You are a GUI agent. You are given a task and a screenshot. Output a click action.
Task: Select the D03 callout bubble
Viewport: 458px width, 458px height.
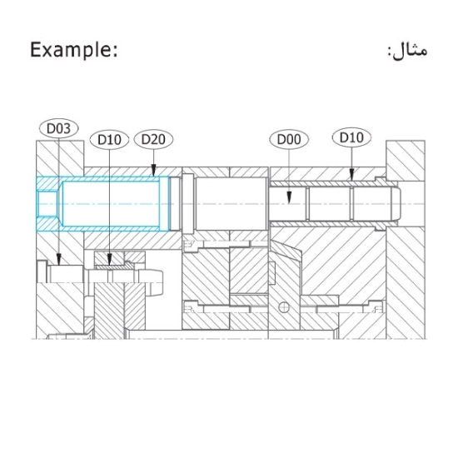click(57, 129)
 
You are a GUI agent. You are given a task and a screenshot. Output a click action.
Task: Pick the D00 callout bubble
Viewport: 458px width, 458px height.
click(288, 139)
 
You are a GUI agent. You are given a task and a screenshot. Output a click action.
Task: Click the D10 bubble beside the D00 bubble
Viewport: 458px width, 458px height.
click(351, 137)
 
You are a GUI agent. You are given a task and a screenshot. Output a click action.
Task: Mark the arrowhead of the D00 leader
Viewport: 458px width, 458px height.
click(288, 203)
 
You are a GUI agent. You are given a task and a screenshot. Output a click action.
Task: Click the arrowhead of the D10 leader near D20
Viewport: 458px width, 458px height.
click(110, 265)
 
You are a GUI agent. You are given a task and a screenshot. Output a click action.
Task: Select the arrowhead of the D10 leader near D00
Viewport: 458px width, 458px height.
click(351, 179)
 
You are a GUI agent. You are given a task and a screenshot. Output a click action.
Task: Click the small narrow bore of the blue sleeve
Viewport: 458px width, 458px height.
click(47, 203)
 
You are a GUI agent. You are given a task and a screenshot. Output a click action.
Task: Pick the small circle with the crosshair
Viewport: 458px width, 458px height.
click(285, 306)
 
